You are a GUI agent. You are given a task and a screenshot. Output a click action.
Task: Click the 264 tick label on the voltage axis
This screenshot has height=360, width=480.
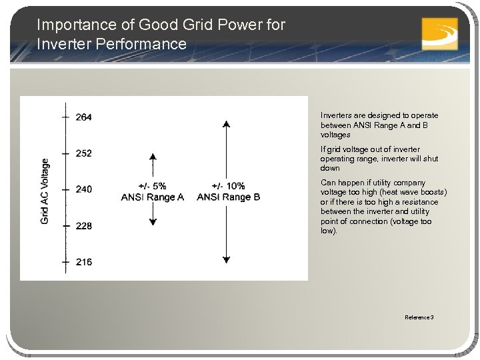pyautogui.click(x=84, y=117)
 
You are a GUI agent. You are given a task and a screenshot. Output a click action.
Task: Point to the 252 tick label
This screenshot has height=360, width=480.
pyautogui.click(x=84, y=153)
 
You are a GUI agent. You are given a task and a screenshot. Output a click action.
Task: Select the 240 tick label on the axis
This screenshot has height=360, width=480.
pyautogui.click(x=84, y=189)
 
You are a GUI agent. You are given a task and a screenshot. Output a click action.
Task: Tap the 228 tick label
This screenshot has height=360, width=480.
pyautogui.click(x=84, y=226)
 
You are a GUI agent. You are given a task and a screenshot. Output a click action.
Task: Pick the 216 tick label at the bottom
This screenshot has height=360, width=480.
pyautogui.click(x=84, y=262)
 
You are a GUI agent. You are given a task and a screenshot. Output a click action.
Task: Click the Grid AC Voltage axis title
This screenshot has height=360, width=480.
pyautogui.click(x=45, y=191)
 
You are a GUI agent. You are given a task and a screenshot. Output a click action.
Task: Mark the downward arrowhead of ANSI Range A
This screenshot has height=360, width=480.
pyautogui.click(x=153, y=221)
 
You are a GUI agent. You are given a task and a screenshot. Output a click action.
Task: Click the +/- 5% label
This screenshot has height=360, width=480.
pyautogui.click(x=152, y=186)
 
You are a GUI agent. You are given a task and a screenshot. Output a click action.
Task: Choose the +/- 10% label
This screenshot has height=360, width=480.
pyautogui.click(x=228, y=186)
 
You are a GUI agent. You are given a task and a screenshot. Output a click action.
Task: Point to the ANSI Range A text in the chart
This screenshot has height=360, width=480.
pyautogui.click(x=152, y=197)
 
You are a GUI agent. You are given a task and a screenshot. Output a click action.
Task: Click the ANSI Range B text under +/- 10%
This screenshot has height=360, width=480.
pyautogui.click(x=228, y=197)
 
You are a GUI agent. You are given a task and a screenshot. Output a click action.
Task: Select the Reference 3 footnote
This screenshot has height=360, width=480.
pyautogui.click(x=419, y=317)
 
